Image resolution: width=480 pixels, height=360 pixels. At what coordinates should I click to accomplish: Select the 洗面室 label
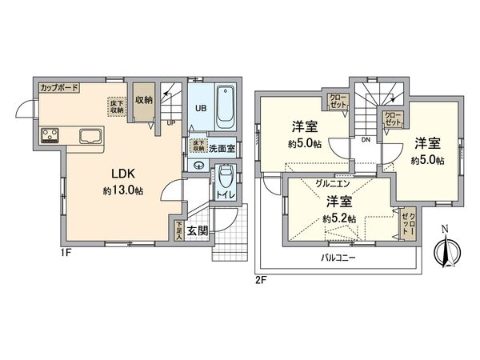222,149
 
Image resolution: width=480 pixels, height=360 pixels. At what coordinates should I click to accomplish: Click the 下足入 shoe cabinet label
178,231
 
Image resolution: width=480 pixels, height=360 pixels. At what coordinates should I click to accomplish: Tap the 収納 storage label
144,101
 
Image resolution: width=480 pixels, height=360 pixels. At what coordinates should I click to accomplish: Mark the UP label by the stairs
171,122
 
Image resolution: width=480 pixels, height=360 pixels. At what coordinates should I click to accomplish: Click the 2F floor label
262,280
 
